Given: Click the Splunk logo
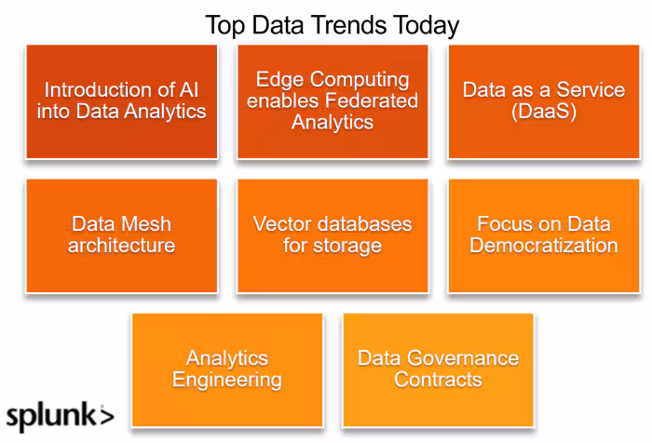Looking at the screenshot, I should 60,415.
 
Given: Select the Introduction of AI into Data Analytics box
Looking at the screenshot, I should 122,101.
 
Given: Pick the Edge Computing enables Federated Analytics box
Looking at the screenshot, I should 333,101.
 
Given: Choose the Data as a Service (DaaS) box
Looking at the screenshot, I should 544,101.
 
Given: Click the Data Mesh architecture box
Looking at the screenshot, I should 122,235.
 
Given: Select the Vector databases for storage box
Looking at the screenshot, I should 333,235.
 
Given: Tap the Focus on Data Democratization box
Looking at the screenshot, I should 544,235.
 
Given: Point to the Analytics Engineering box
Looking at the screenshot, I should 227,369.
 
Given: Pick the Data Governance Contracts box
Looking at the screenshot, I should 438,369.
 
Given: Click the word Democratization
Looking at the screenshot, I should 544,247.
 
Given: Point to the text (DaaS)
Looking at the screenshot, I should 544,112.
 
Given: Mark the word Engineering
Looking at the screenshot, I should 227,381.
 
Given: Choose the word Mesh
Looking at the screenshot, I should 145,224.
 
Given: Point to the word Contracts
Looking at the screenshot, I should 438,381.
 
